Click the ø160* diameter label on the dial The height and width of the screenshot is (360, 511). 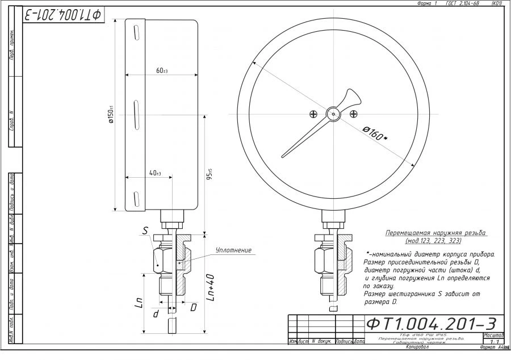coord(376,135)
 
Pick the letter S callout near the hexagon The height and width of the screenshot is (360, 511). coord(145,231)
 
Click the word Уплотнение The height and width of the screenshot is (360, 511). coord(233,250)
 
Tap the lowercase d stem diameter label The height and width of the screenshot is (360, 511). coord(156,312)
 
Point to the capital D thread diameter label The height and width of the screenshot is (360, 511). coord(193,307)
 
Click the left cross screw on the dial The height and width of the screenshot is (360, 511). coord(313,114)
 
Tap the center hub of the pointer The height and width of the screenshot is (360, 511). coord(333,114)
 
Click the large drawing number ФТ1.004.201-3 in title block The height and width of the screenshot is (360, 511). coord(432,324)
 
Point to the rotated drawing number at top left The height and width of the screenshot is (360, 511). coord(62,14)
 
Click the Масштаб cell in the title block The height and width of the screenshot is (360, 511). coord(492,335)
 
